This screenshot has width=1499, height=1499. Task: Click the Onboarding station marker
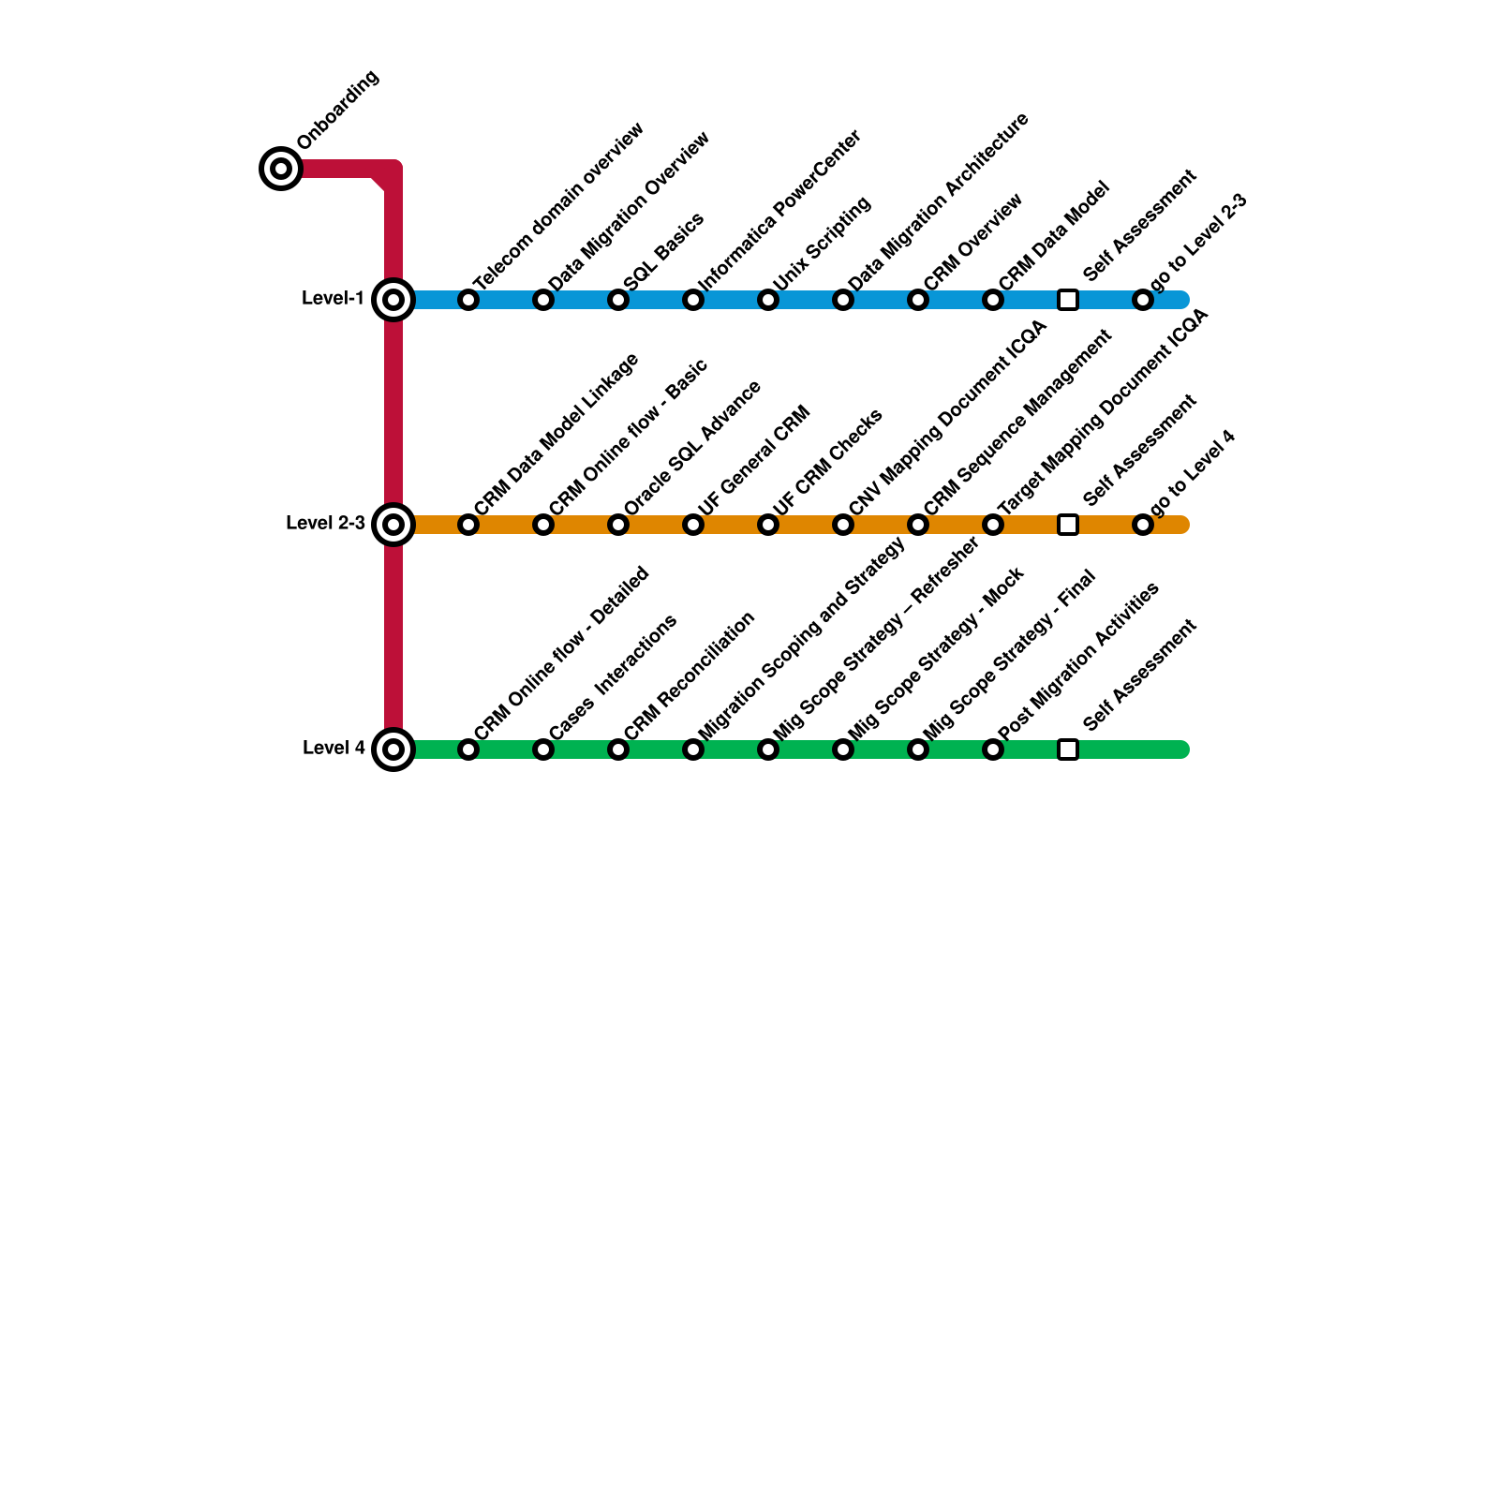[x=280, y=169]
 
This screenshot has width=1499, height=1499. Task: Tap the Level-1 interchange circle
[x=393, y=300]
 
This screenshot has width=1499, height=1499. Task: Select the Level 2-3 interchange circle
[x=393, y=525]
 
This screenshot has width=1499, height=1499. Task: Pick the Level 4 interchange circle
[x=393, y=749]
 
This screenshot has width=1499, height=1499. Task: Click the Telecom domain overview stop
[x=468, y=300]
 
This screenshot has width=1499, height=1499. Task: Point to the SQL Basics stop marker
[x=618, y=300]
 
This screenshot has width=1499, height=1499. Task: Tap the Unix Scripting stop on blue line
[x=768, y=300]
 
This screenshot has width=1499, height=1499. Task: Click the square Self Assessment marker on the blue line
[x=1068, y=300]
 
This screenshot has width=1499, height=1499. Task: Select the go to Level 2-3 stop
[x=1143, y=300]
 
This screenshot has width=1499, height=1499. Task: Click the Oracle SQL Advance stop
[x=618, y=525]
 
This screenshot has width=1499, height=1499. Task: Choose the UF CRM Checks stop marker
[x=768, y=525]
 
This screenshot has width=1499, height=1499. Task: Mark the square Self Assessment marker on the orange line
[x=1068, y=525]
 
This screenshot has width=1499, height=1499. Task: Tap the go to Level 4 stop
[x=1143, y=525]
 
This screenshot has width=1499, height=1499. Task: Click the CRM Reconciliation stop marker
[x=618, y=749]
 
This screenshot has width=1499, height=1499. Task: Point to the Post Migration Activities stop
[x=993, y=749]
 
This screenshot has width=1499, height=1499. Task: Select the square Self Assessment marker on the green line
[x=1068, y=749]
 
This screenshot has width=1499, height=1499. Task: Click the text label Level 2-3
[x=325, y=523]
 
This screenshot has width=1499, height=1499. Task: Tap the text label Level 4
[x=334, y=748]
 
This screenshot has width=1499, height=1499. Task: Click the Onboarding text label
[x=338, y=110]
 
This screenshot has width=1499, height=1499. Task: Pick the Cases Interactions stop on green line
[x=543, y=749]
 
